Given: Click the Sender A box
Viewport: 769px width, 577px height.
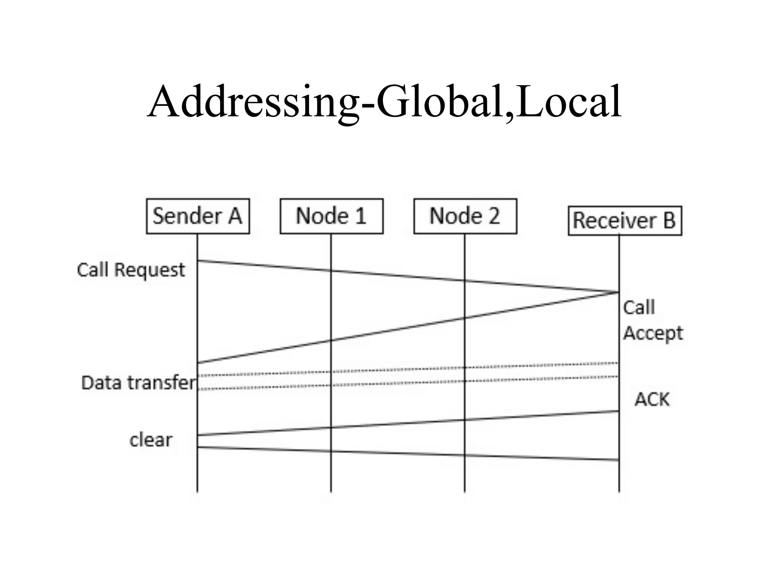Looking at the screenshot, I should (x=198, y=216).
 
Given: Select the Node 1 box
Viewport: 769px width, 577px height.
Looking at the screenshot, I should (x=331, y=216).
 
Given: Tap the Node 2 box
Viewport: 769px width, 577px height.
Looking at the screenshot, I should (x=465, y=216).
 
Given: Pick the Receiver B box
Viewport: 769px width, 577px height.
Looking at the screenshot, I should (x=624, y=221).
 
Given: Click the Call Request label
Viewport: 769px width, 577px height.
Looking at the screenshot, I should (x=131, y=270).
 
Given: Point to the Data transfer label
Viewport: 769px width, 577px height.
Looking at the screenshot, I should (x=139, y=383).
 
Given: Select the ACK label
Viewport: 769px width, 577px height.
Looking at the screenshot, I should (x=652, y=399).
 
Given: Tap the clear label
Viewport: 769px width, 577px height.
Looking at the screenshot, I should (x=151, y=440).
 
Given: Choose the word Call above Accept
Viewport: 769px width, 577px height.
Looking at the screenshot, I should (x=639, y=308).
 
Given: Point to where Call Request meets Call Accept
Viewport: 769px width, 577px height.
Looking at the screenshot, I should (x=618, y=292).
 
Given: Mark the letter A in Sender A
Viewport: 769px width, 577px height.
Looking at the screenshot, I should (x=235, y=216).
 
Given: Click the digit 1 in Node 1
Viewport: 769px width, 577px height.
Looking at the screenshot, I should (x=360, y=216).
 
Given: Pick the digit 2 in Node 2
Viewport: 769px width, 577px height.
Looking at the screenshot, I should (x=493, y=216).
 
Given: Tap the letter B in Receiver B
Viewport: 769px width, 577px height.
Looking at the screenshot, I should (x=669, y=221).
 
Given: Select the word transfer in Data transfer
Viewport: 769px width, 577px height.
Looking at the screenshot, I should (x=161, y=383).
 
